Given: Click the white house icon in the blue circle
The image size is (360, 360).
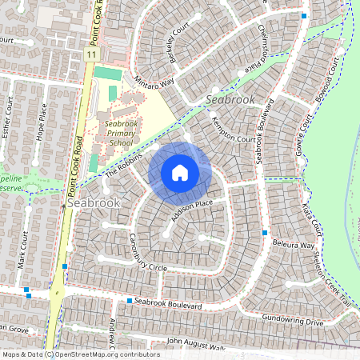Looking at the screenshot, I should click(180, 173).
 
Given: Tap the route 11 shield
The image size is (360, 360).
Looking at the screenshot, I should click(92, 53).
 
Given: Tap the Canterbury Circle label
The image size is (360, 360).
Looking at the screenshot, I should click(136, 253).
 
